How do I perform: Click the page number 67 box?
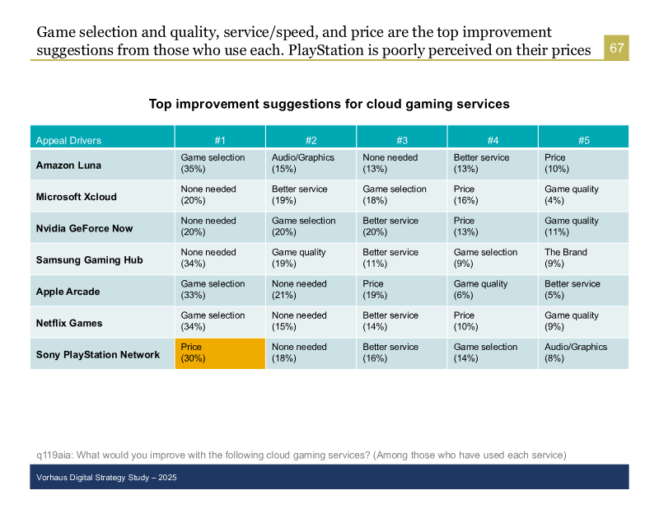[x=616, y=48]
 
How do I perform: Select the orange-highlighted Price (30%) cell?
[x=220, y=353]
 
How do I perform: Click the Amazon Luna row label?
[x=68, y=166]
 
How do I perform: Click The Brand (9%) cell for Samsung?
[x=583, y=259]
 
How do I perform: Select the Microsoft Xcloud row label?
[x=76, y=197]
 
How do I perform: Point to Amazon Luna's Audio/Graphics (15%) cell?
[x=311, y=165]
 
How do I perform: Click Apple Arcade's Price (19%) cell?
[x=402, y=291]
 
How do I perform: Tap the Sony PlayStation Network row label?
[x=98, y=355]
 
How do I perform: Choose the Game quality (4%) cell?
[x=583, y=196]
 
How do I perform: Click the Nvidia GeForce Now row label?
[x=84, y=228]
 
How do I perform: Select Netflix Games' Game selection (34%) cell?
[x=220, y=322]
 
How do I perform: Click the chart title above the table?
[x=329, y=104]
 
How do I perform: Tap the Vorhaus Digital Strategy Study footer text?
[x=106, y=478]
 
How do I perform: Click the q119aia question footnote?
[x=301, y=455]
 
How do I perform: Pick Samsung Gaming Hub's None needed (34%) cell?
[x=220, y=259]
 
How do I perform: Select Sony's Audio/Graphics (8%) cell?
[x=583, y=353]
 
